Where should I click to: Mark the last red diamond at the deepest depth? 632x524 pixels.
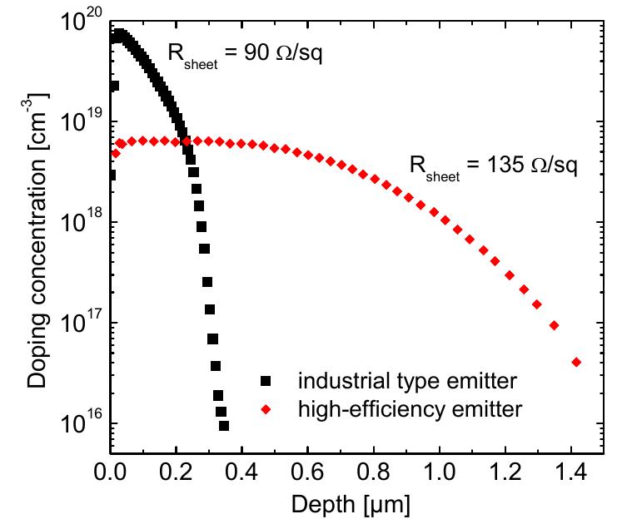pyautogui.click(x=576, y=362)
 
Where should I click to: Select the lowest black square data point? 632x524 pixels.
pyautogui.click(x=224, y=426)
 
